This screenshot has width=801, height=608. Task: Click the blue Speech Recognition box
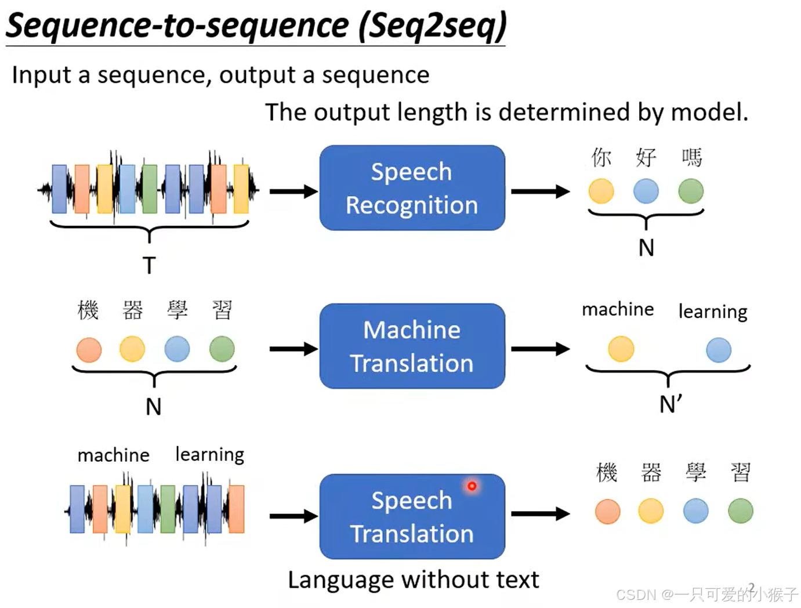click(x=412, y=188)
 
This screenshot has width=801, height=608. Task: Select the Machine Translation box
click(x=412, y=346)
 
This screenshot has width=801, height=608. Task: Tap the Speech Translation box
click(x=412, y=516)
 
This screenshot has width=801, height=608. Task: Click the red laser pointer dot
click(x=472, y=486)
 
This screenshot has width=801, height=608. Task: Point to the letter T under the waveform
click(x=149, y=266)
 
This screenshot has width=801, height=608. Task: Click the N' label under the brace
click(x=670, y=404)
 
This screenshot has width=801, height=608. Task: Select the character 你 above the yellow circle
click(x=601, y=157)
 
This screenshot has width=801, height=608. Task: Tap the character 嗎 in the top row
click(x=691, y=157)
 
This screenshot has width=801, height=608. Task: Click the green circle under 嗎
click(x=691, y=191)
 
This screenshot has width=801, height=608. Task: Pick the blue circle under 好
click(x=646, y=191)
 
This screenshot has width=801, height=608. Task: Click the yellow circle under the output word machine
click(x=621, y=349)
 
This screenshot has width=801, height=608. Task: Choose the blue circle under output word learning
click(x=719, y=350)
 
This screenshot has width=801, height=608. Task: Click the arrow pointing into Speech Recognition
click(x=293, y=191)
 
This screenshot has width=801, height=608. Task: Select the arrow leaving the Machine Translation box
click(x=540, y=349)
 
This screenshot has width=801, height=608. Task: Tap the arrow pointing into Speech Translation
click(x=293, y=516)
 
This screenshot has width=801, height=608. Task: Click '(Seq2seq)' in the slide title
click(x=432, y=26)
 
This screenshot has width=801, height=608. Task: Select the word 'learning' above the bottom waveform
click(x=209, y=455)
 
